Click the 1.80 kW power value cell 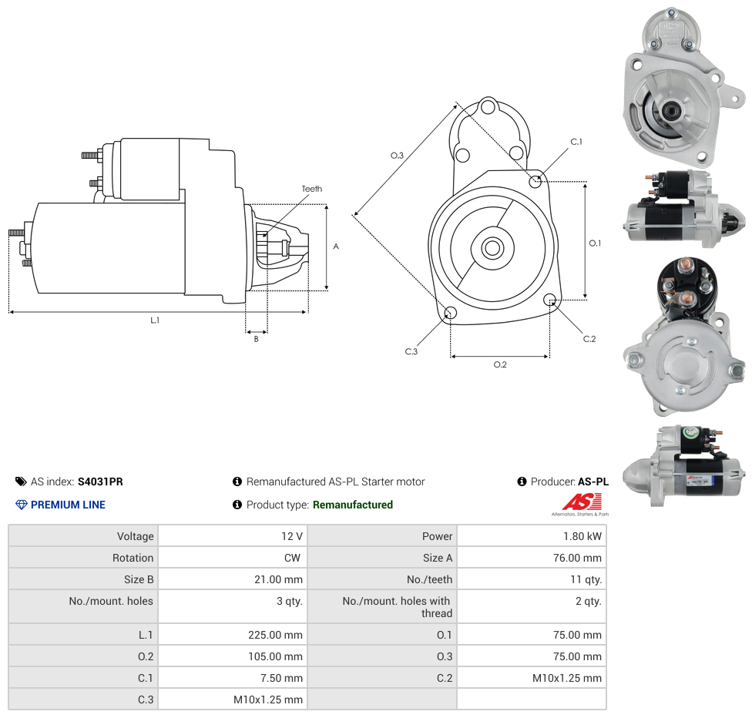tap(583, 536)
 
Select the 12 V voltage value tap(292, 536)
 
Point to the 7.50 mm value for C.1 tap(282, 678)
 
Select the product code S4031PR tap(100, 482)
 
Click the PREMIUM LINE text tap(68, 505)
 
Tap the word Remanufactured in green tap(352, 505)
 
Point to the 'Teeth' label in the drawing tap(312, 189)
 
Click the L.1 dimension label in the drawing tap(155, 320)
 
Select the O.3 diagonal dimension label tap(397, 156)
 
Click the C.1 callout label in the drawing tap(576, 142)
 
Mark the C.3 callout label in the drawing tap(411, 351)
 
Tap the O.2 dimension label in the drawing tap(500, 364)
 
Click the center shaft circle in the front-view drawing tap(492, 248)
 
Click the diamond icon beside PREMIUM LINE tap(21, 505)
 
